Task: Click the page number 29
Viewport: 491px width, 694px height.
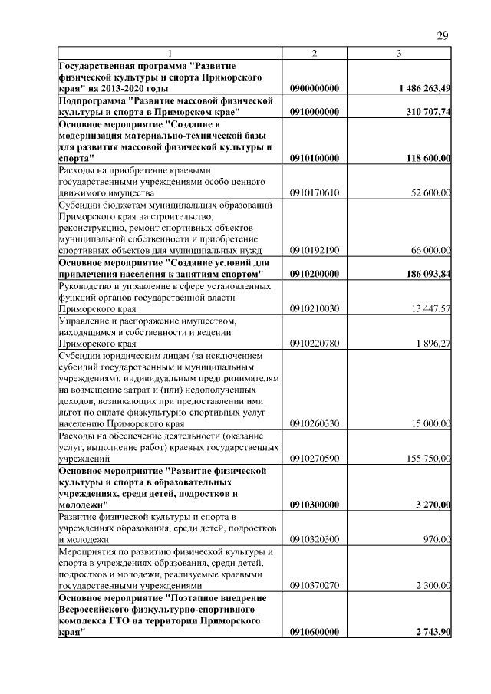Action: [x=443, y=35]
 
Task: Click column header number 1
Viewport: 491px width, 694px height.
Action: [x=170, y=52]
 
